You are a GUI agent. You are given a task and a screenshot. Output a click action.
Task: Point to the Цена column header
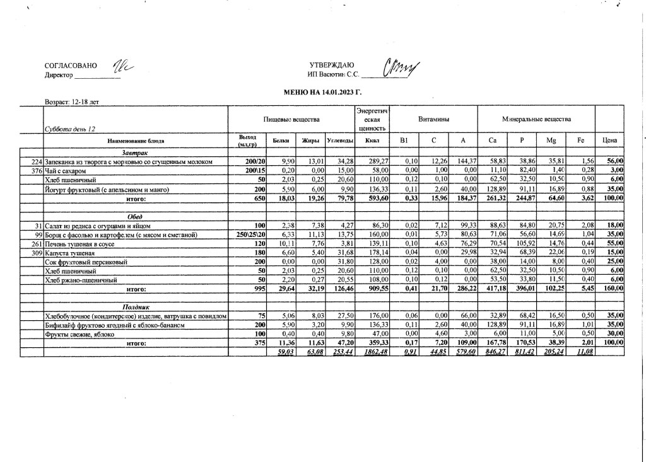609,141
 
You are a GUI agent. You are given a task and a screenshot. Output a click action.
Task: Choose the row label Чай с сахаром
65,171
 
